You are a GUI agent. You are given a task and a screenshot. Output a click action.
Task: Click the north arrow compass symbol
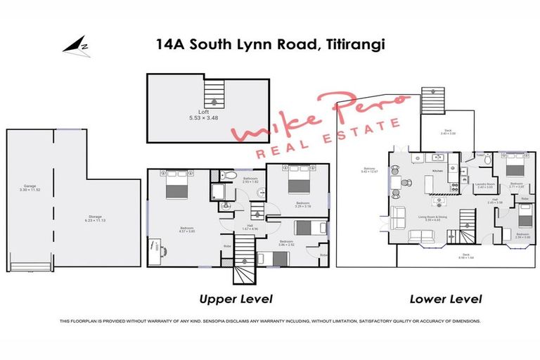coord(74,46)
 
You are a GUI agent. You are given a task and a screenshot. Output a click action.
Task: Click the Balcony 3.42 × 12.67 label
coord(370,169)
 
